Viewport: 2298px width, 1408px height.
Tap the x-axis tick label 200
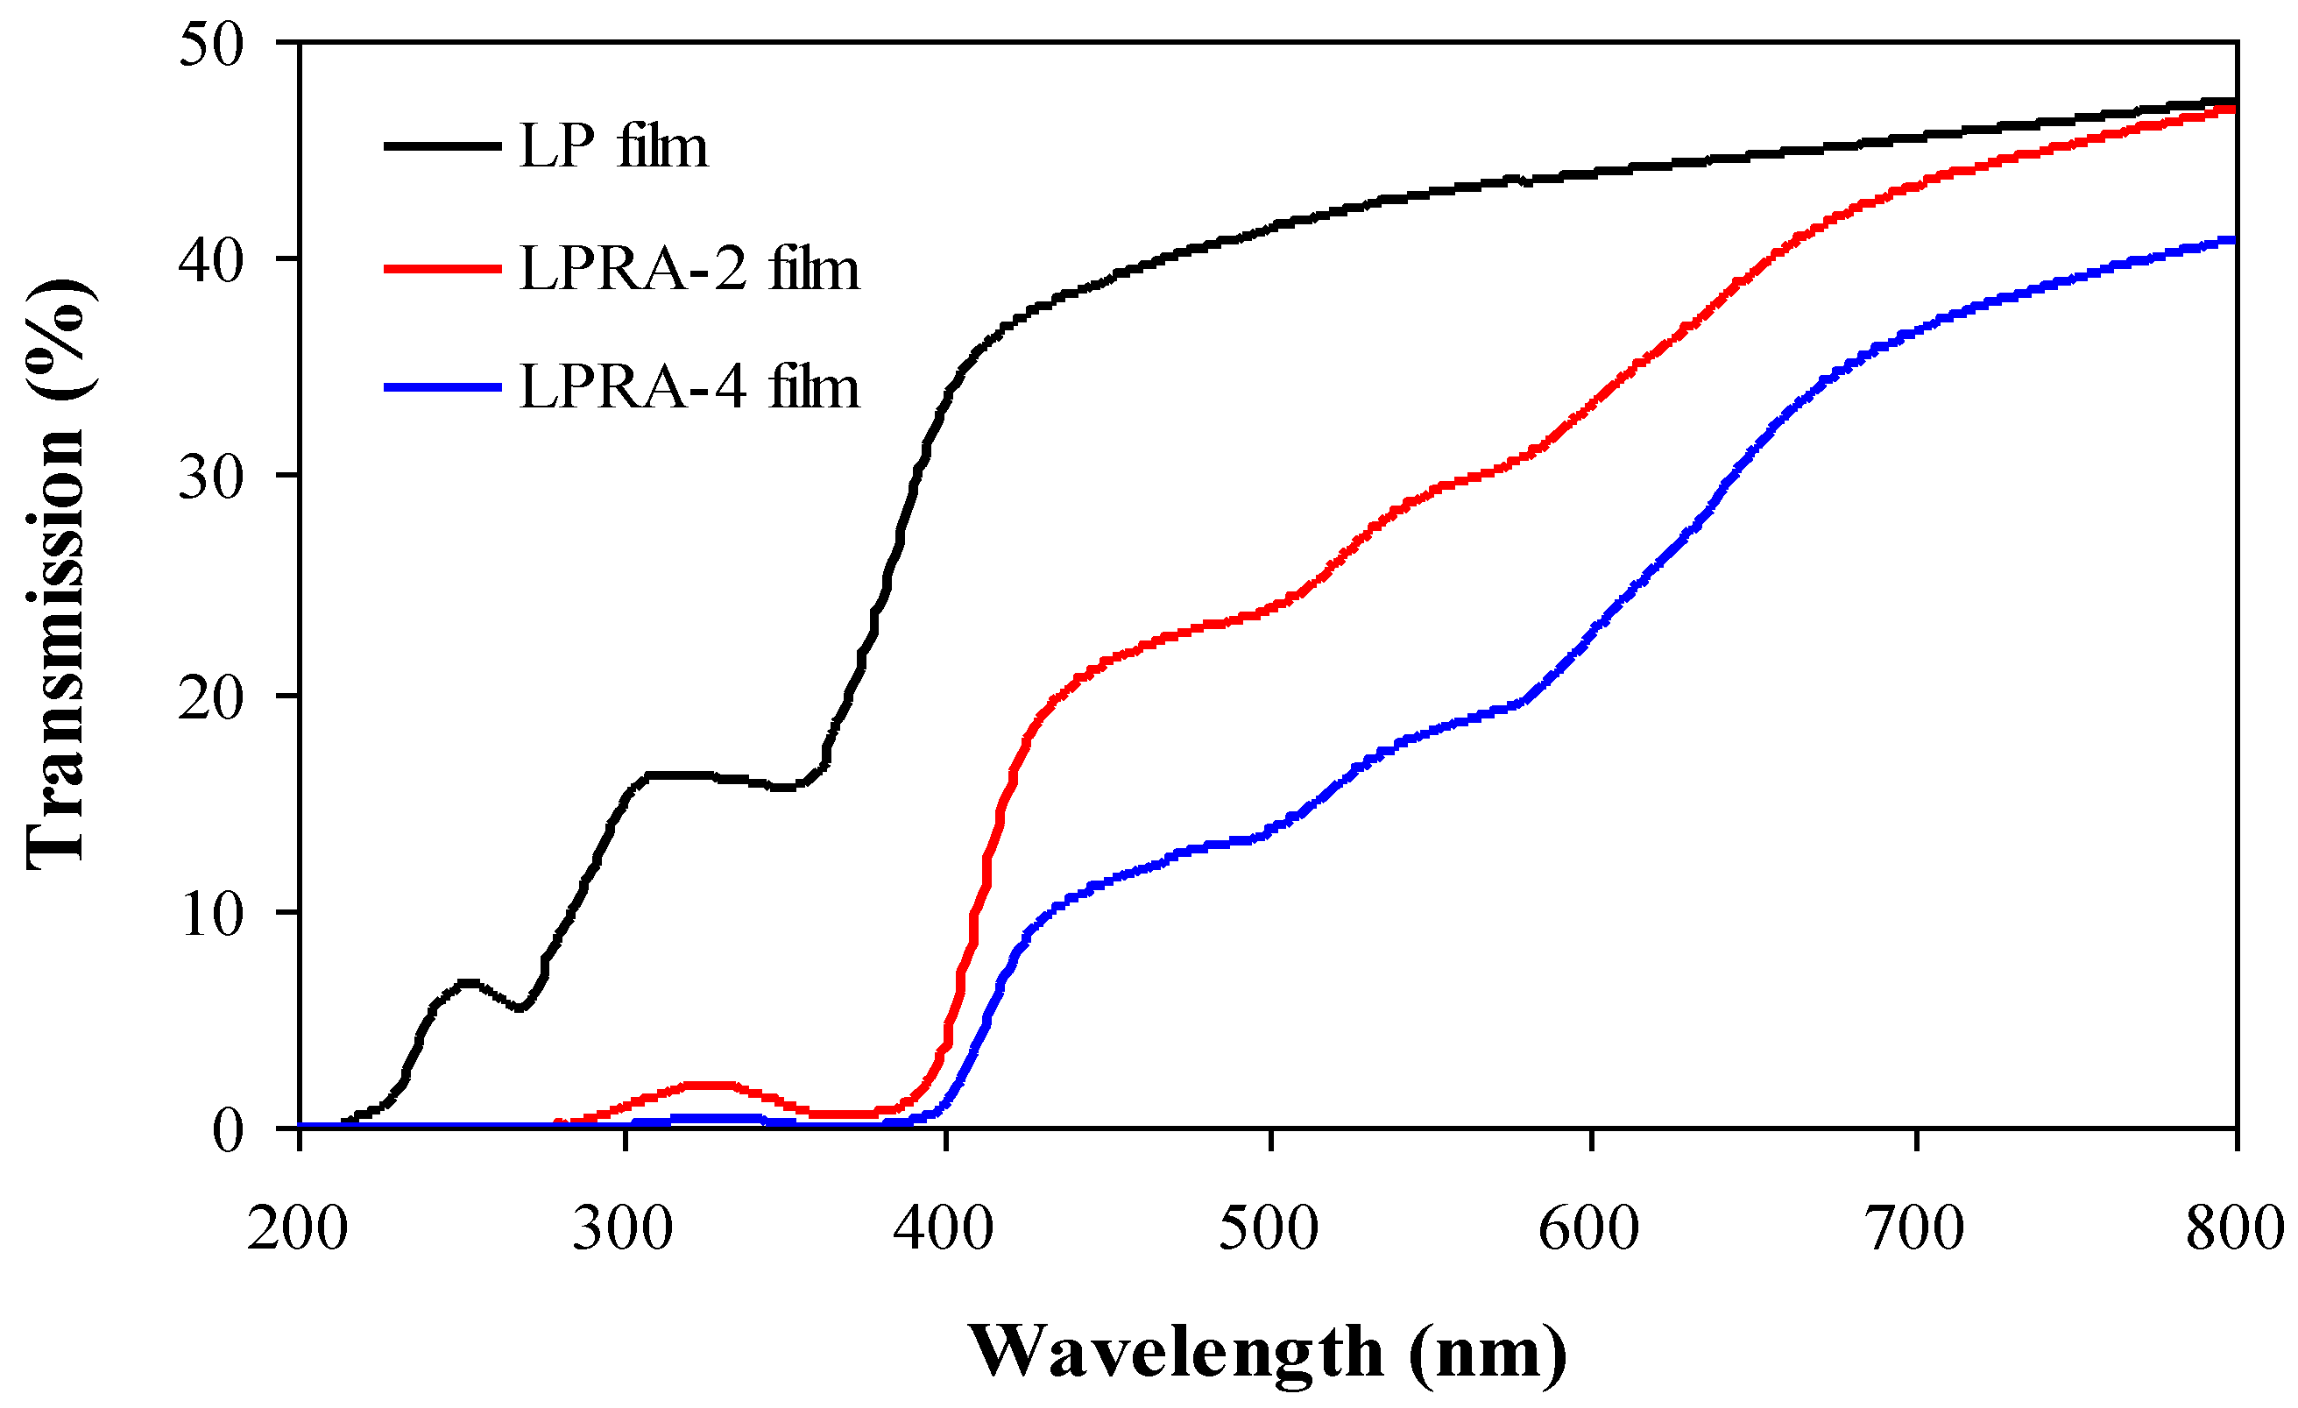298,1229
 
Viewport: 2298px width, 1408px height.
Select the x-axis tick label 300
622,1229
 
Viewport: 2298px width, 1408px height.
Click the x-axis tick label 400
944,1229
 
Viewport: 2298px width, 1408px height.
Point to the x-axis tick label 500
1269,1229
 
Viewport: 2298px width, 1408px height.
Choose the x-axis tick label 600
1589,1229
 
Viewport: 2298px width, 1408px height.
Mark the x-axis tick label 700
1914,1229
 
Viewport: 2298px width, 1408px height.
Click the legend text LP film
612,147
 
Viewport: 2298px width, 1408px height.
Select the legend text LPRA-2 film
689,270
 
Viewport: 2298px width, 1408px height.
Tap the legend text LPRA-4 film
689,387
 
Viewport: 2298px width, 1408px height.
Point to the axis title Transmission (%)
56,574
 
